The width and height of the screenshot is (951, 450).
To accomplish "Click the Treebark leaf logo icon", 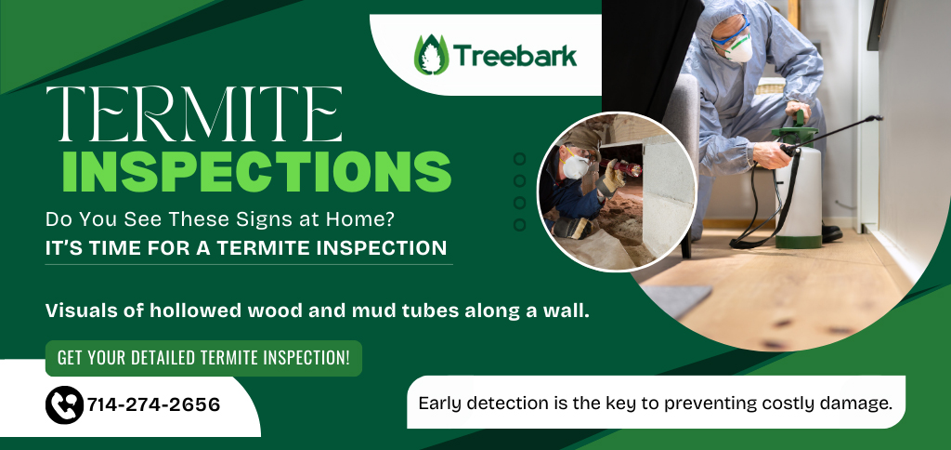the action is pyautogui.click(x=431, y=55).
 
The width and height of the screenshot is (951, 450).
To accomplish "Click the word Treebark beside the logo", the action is pyautogui.click(x=515, y=56).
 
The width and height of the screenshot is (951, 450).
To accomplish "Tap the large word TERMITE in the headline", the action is pyautogui.click(x=194, y=114).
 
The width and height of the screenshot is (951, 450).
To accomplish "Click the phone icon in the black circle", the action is pyautogui.click(x=64, y=405).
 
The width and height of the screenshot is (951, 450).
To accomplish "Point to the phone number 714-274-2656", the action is pyautogui.click(x=153, y=405).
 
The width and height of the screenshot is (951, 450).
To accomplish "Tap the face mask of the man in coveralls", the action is pyautogui.click(x=738, y=49).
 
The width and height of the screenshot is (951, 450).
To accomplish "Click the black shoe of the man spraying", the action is pyautogui.click(x=832, y=233).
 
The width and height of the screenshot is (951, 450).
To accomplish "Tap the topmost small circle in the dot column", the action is pyautogui.click(x=519, y=159).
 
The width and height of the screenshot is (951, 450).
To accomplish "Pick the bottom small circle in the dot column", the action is pyautogui.click(x=519, y=225).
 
